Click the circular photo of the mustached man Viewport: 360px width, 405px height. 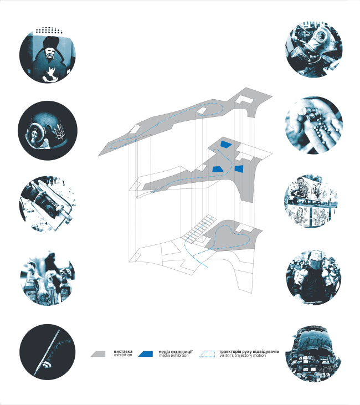click(48, 56)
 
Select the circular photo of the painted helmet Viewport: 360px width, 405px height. click(48, 131)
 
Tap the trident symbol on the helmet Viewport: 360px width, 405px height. click(60, 132)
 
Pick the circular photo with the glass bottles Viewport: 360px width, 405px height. click(48, 280)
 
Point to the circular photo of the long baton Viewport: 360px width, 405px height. click(48, 352)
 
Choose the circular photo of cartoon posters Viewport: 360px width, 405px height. click(314, 203)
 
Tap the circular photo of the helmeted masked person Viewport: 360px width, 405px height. click(314, 276)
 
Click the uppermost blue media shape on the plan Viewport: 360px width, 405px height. click(225, 143)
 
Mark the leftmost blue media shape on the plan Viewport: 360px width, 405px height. click(217, 169)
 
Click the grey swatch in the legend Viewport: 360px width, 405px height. click(99, 353)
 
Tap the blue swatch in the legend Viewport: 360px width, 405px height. click(147, 353)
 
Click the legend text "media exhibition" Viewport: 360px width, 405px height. click(173, 355)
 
